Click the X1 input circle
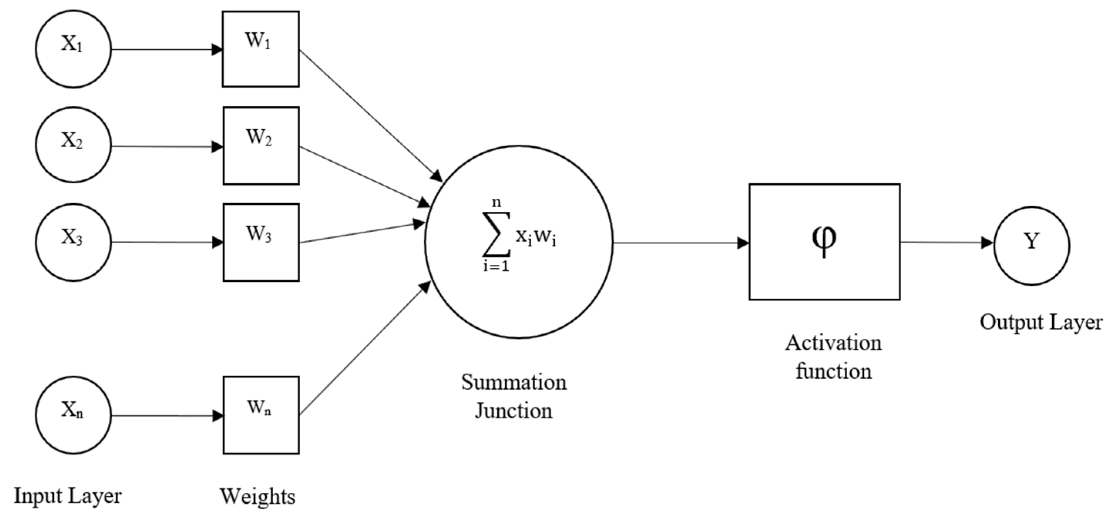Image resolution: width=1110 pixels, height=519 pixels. click(73, 49)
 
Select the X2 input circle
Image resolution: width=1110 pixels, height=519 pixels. click(73, 145)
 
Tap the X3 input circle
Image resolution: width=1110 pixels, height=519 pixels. click(73, 242)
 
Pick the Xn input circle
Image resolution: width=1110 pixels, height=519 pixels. click(73, 415)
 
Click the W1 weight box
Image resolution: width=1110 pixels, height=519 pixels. click(260, 49)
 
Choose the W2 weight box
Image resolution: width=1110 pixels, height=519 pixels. click(261, 146)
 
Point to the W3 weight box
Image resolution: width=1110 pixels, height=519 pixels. click(261, 242)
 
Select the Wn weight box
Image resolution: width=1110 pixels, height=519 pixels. click(261, 415)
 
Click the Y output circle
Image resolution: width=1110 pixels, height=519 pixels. click(1031, 245)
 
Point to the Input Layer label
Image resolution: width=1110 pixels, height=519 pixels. click(68, 496)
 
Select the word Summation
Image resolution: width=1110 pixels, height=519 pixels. click(514, 382)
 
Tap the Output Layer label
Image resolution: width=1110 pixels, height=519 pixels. click(1041, 322)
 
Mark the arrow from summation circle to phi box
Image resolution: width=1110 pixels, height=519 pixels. click(681, 243)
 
